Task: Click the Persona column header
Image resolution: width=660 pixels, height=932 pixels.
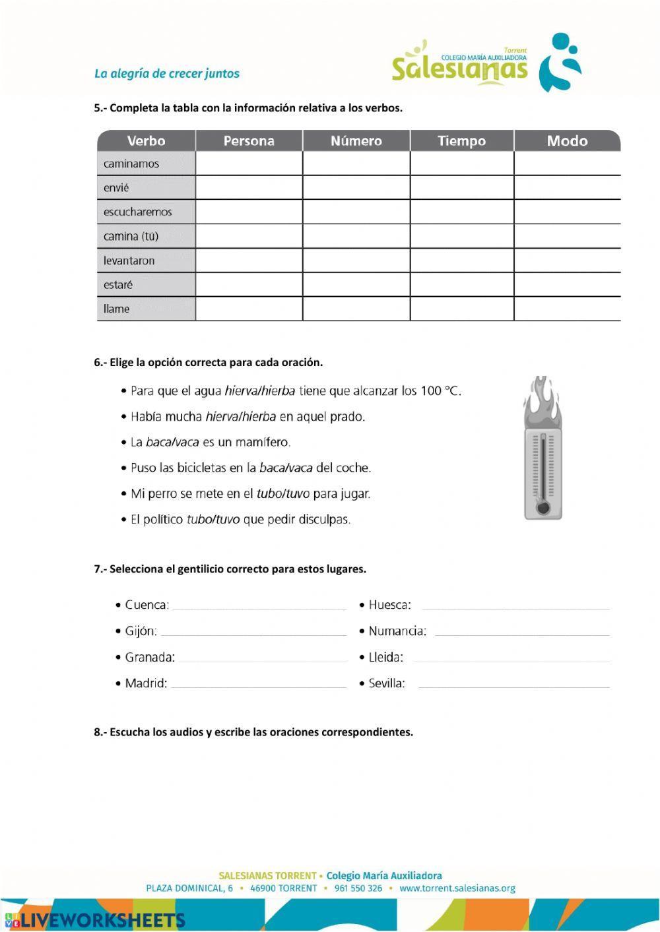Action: pyautogui.click(x=249, y=140)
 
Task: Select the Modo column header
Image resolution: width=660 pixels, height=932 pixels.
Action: pyautogui.click(x=566, y=140)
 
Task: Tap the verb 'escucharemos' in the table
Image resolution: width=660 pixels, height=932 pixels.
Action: pyautogui.click(x=137, y=212)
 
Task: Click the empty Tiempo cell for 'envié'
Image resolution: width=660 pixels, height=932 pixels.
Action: pyautogui.click(x=461, y=187)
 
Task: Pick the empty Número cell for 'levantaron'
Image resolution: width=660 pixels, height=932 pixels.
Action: pyautogui.click(x=356, y=261)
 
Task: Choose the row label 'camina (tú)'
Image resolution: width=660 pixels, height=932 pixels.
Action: pyautogui.click(x=131, y=236)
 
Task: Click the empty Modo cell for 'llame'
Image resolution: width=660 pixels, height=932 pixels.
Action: pyautogui.click(x=566, y=309)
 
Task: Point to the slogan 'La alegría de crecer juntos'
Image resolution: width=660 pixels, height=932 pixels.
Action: pyautogui.click(x=166, y=74)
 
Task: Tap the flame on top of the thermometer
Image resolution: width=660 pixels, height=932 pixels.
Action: pyautogui.click(x=542, y=399)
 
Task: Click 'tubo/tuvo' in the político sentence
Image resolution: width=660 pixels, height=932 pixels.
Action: pyautogui.click(x=213, y=519)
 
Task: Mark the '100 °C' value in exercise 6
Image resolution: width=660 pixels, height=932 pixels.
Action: pyautogui.click(x=440, y=391)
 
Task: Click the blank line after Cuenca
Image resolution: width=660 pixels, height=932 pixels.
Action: pyautogui.click(x=259, y=606)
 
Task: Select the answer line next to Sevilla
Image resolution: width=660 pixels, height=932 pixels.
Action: pyautogui.click(x=513, y=684)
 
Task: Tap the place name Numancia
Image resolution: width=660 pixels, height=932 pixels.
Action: pyautogui.click(x=397, y=631)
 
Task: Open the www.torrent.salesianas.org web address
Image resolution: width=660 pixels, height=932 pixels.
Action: pyautogui.click(x=457, y=888)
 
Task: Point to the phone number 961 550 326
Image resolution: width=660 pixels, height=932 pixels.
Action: pyautogui.click(x=358, y=888)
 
